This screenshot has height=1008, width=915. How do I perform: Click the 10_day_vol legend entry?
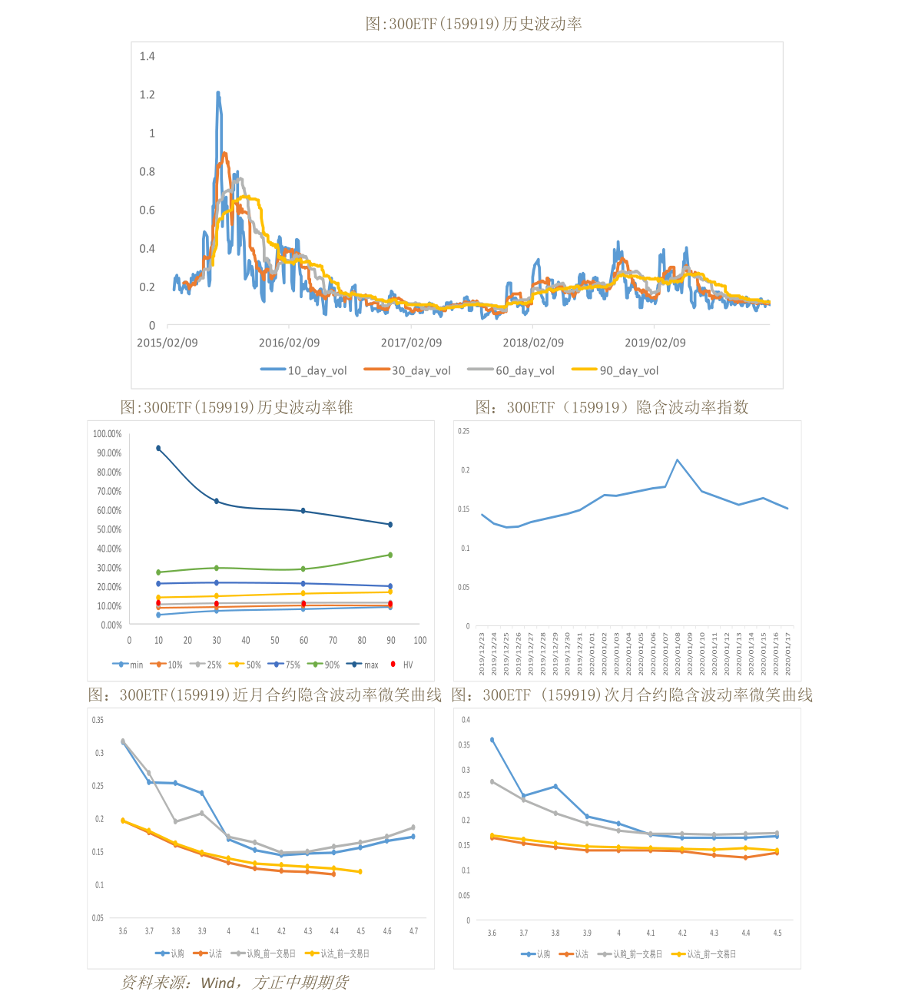click(304, 370)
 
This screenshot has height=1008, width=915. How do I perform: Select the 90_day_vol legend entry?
click(616, 370)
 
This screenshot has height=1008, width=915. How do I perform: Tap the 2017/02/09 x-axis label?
click(411, 343)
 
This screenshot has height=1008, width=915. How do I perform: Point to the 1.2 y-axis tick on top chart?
click(147, 94)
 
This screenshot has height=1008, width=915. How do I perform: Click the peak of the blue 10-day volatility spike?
click(218, 93)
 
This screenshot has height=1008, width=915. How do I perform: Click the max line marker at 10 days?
click(158, 448)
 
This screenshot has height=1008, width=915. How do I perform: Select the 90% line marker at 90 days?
click(390, 555)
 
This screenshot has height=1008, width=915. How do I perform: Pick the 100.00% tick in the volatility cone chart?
click(107, 434)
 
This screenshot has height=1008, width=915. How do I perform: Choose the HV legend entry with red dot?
click(402, 665)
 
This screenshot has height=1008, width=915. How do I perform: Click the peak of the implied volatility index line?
click(677, 459)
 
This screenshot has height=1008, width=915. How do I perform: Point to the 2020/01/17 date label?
click(788, 654)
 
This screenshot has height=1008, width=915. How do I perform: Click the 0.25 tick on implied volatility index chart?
click(463, 431)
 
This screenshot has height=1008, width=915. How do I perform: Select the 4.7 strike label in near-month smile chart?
click(413, 931)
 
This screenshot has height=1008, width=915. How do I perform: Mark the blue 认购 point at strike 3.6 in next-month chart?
click(492, 740)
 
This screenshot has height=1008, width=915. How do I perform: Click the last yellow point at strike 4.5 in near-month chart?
click(360, 871)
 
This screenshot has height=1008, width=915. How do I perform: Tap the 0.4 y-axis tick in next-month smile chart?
click(465, 720)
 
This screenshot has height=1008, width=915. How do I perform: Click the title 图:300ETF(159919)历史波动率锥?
click(237, 407)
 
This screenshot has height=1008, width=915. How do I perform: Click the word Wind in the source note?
click(217, 983)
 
